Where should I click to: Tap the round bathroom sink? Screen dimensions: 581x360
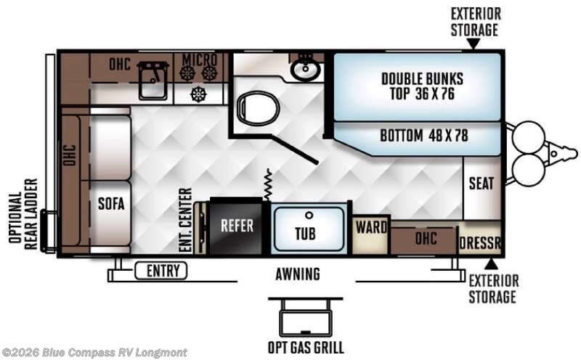pos(305,70)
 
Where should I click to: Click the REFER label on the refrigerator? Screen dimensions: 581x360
pos(237,225)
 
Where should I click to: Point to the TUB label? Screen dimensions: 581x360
pos(305,234)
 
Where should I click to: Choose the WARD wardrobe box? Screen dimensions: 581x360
pos(371,235)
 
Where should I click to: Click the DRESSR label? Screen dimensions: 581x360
pos(480,243)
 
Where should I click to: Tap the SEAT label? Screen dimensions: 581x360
pos(482,184)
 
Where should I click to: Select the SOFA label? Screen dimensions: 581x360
pos(111,203)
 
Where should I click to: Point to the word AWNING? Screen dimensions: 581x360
pos(298,274)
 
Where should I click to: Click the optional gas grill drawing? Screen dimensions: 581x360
pos(306,316)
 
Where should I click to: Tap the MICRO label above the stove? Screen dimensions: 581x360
pos(199,60)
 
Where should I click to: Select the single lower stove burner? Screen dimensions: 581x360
pos(198,94)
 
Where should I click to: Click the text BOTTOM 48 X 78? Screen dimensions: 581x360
pos(424,135)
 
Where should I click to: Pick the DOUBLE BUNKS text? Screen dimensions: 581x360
pos(422,79)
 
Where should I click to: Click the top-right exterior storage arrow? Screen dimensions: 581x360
pos(473,44)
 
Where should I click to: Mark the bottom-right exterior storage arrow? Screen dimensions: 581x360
pos(491,264)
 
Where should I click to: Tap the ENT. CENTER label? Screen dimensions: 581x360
pos(185,221)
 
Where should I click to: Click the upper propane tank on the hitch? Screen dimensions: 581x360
pos(529,136)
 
